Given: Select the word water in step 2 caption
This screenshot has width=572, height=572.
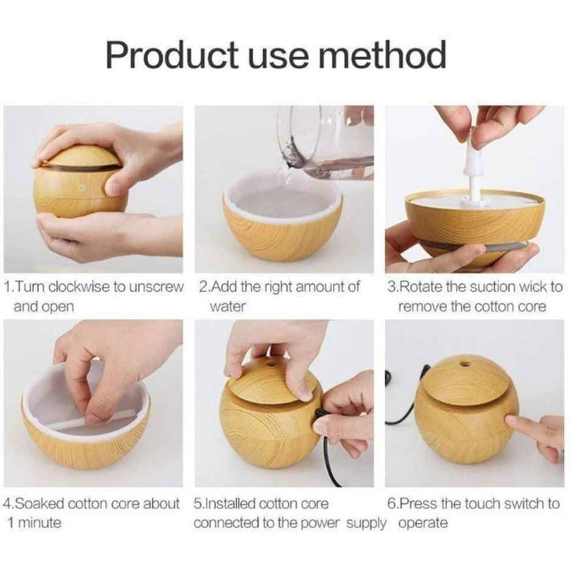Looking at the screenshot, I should pos(227,307).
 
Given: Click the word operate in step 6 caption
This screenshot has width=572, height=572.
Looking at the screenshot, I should pos(423,523).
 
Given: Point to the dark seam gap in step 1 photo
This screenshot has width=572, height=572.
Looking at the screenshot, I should pos(79,167).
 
